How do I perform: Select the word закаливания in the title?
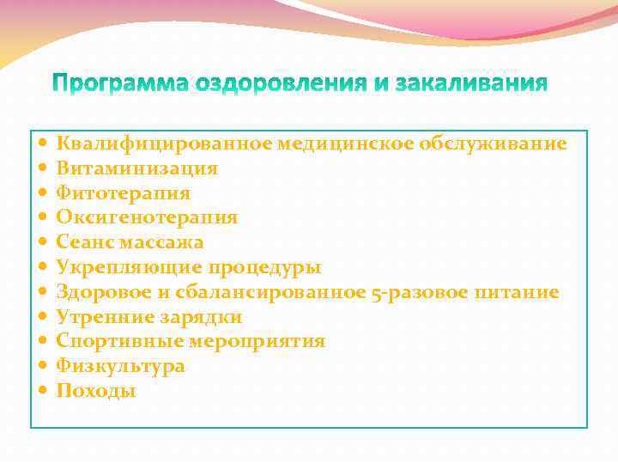pos(464,83)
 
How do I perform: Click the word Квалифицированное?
pos(164,143)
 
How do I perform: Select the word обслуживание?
pos(493,143)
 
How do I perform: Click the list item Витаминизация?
pos(137,168)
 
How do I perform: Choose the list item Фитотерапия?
pos(124,193)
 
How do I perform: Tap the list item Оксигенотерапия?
pos(147,218)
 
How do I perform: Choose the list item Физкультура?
pos(120,367)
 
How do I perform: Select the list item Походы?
pos(96,392)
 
